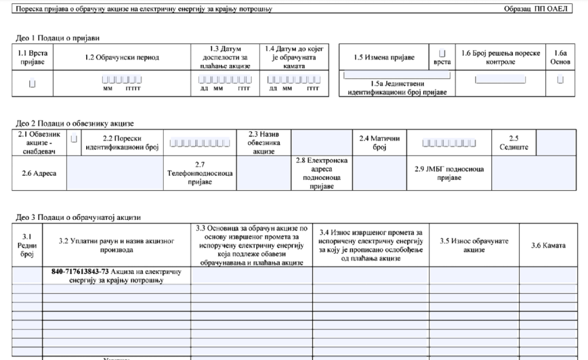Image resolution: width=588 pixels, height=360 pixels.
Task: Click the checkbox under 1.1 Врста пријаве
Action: point(32,84)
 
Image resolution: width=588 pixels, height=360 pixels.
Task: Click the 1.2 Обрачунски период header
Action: point(122,57)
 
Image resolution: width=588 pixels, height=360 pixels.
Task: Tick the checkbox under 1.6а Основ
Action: point(560,80)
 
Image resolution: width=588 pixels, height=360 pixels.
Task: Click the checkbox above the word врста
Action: point(442,53)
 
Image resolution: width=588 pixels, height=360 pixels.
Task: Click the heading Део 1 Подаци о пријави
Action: point(57,38)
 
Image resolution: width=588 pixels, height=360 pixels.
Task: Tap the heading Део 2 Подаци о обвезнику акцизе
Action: point(73,123)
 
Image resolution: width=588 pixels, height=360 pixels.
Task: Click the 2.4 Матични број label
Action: point(379,142)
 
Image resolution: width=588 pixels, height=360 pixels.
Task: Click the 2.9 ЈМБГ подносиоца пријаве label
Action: point(449,173)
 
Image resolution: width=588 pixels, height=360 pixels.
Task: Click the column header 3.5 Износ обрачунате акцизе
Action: point(474,246)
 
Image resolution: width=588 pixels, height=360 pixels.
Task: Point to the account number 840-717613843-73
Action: point(76,272)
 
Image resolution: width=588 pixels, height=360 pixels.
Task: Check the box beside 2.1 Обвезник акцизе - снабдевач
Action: point(73,138)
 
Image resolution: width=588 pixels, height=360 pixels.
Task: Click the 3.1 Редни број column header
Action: point(27,246)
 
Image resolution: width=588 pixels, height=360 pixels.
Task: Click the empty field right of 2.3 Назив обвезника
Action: point(321,142)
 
